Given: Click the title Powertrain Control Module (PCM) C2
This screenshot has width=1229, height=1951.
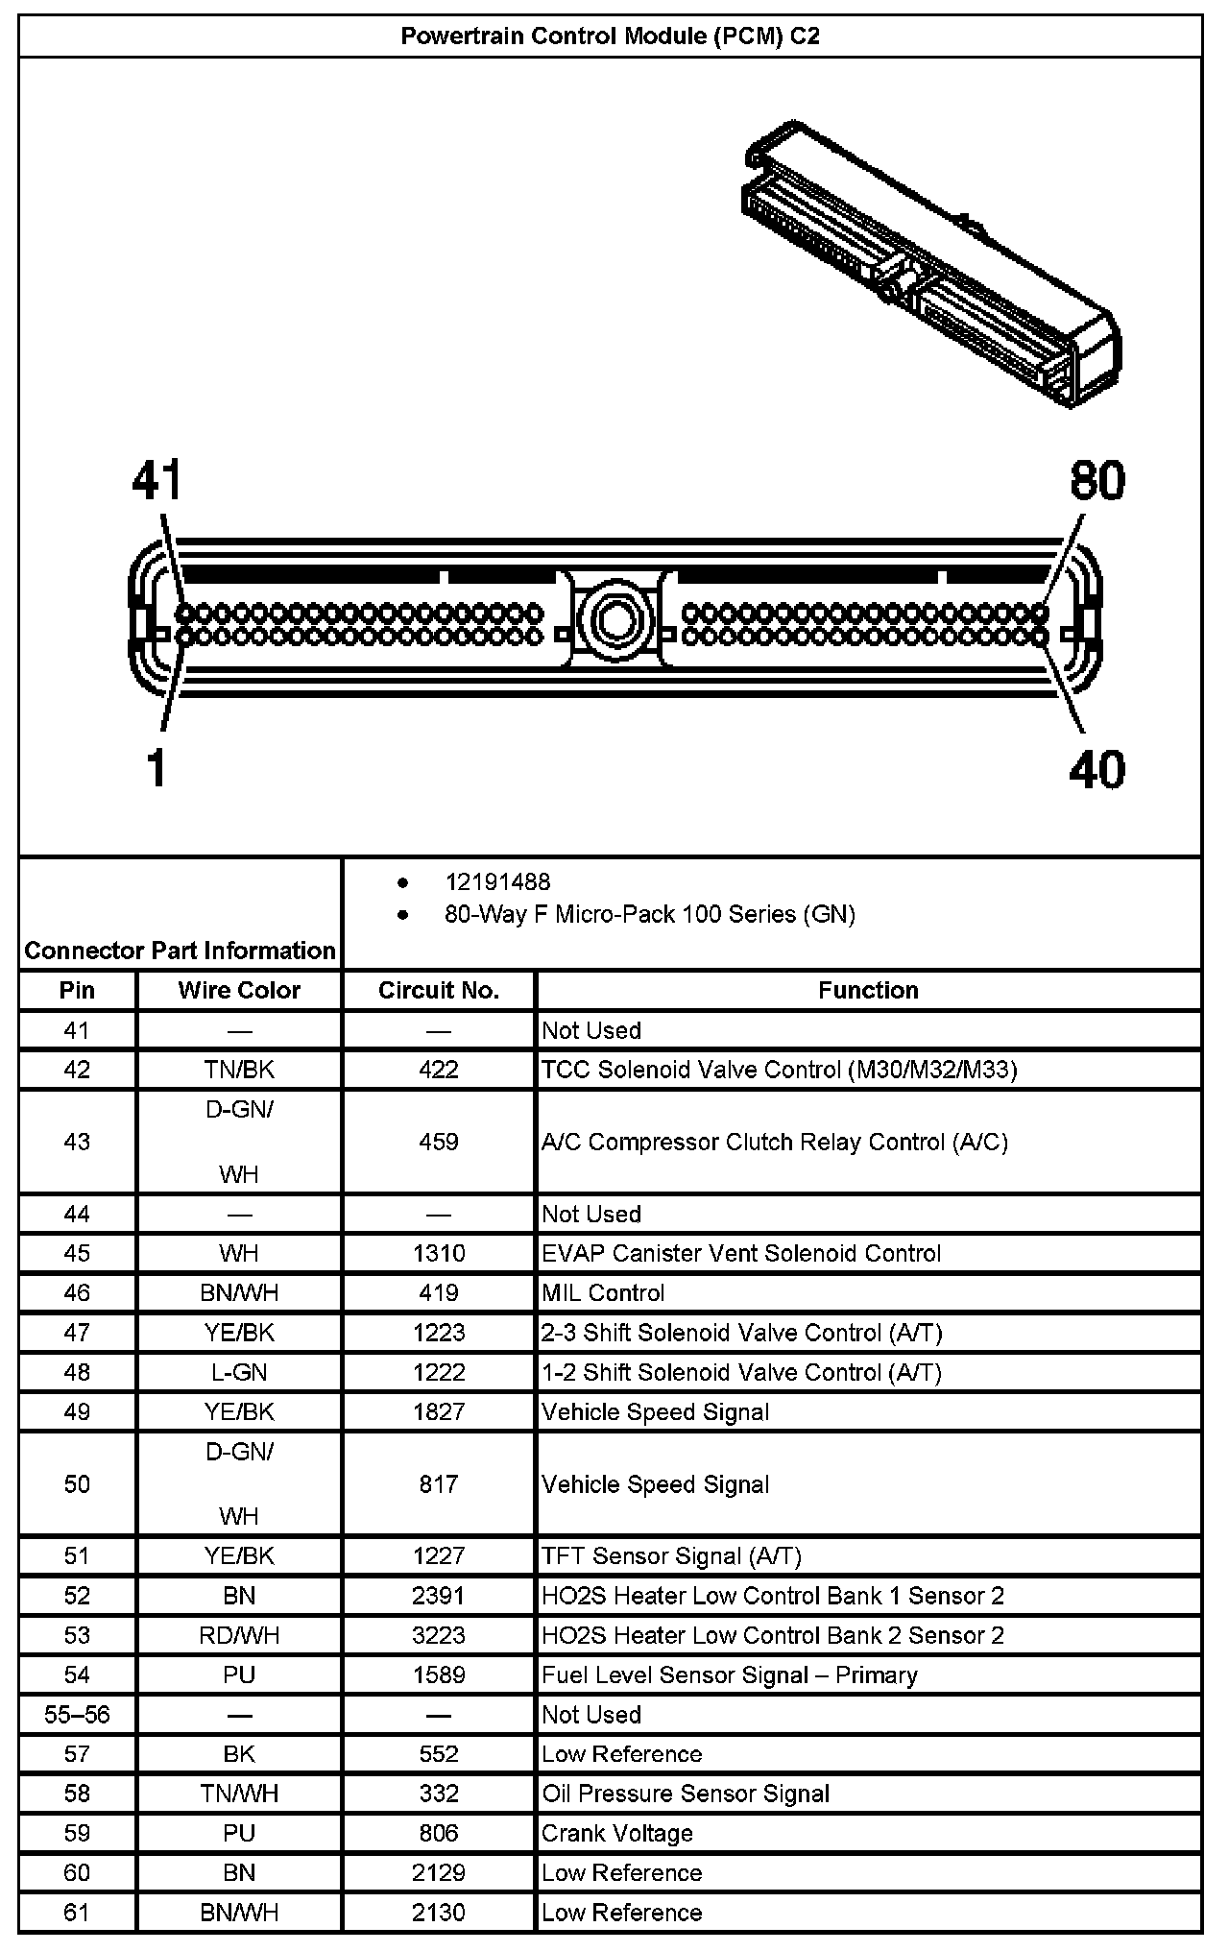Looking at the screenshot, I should [x=610, y=36].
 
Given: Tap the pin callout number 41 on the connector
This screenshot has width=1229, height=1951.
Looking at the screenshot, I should [x=157, y=481].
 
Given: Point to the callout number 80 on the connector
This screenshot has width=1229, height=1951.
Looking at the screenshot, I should [x=1097, y=481].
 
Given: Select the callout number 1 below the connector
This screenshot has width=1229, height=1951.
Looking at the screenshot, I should [x=157, y=769].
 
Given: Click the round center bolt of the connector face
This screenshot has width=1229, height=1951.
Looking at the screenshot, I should [x=614, y=619].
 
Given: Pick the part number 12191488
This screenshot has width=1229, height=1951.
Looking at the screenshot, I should [x=497, y=881].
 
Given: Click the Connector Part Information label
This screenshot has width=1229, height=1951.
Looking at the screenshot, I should [x=181, y=951].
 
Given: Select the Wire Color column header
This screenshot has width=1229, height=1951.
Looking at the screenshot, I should [x=239, y=990].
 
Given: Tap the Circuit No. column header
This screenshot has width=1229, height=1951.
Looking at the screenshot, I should [x=439, y=990].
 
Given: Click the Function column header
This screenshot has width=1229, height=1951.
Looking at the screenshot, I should [x=868, y=990].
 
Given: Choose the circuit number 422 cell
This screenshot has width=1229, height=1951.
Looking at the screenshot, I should [x=439, y=1070].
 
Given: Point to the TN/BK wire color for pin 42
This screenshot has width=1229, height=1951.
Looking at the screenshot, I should [x=239, y=1070].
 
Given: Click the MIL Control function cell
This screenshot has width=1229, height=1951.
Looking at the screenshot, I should [x=603, y=1293].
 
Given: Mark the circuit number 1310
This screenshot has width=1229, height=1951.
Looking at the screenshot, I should [x=439, y=1253].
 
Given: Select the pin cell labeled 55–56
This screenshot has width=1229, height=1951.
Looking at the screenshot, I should [x=77, y=1714].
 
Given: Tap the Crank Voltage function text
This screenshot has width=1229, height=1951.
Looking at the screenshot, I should [x=617, y=1833].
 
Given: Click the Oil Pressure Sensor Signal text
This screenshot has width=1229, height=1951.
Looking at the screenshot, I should [x=686, y=1794].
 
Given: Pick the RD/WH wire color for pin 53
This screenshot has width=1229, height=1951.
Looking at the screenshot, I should [x=239, y=1635].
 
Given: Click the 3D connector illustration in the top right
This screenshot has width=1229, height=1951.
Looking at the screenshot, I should [x=931, y=264].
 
